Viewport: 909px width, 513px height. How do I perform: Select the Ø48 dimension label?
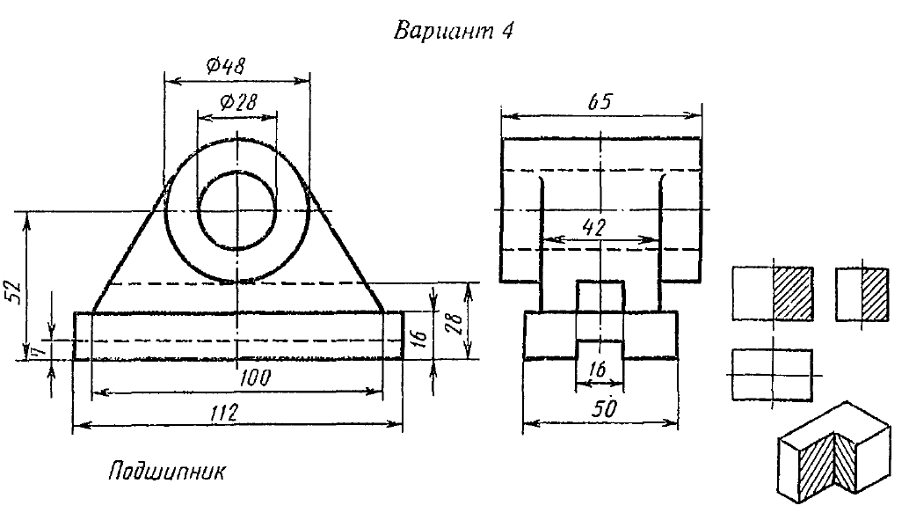click(226, 65)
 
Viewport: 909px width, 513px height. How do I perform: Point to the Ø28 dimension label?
click(234, 102)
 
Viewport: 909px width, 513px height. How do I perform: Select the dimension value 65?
click(600, 102)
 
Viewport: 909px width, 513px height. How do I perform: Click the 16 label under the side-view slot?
click(598, 371)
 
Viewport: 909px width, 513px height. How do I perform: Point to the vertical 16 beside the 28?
click(419, 335)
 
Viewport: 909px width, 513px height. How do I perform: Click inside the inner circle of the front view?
click(236, 210)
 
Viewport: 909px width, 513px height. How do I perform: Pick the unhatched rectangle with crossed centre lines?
click(772, 374)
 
